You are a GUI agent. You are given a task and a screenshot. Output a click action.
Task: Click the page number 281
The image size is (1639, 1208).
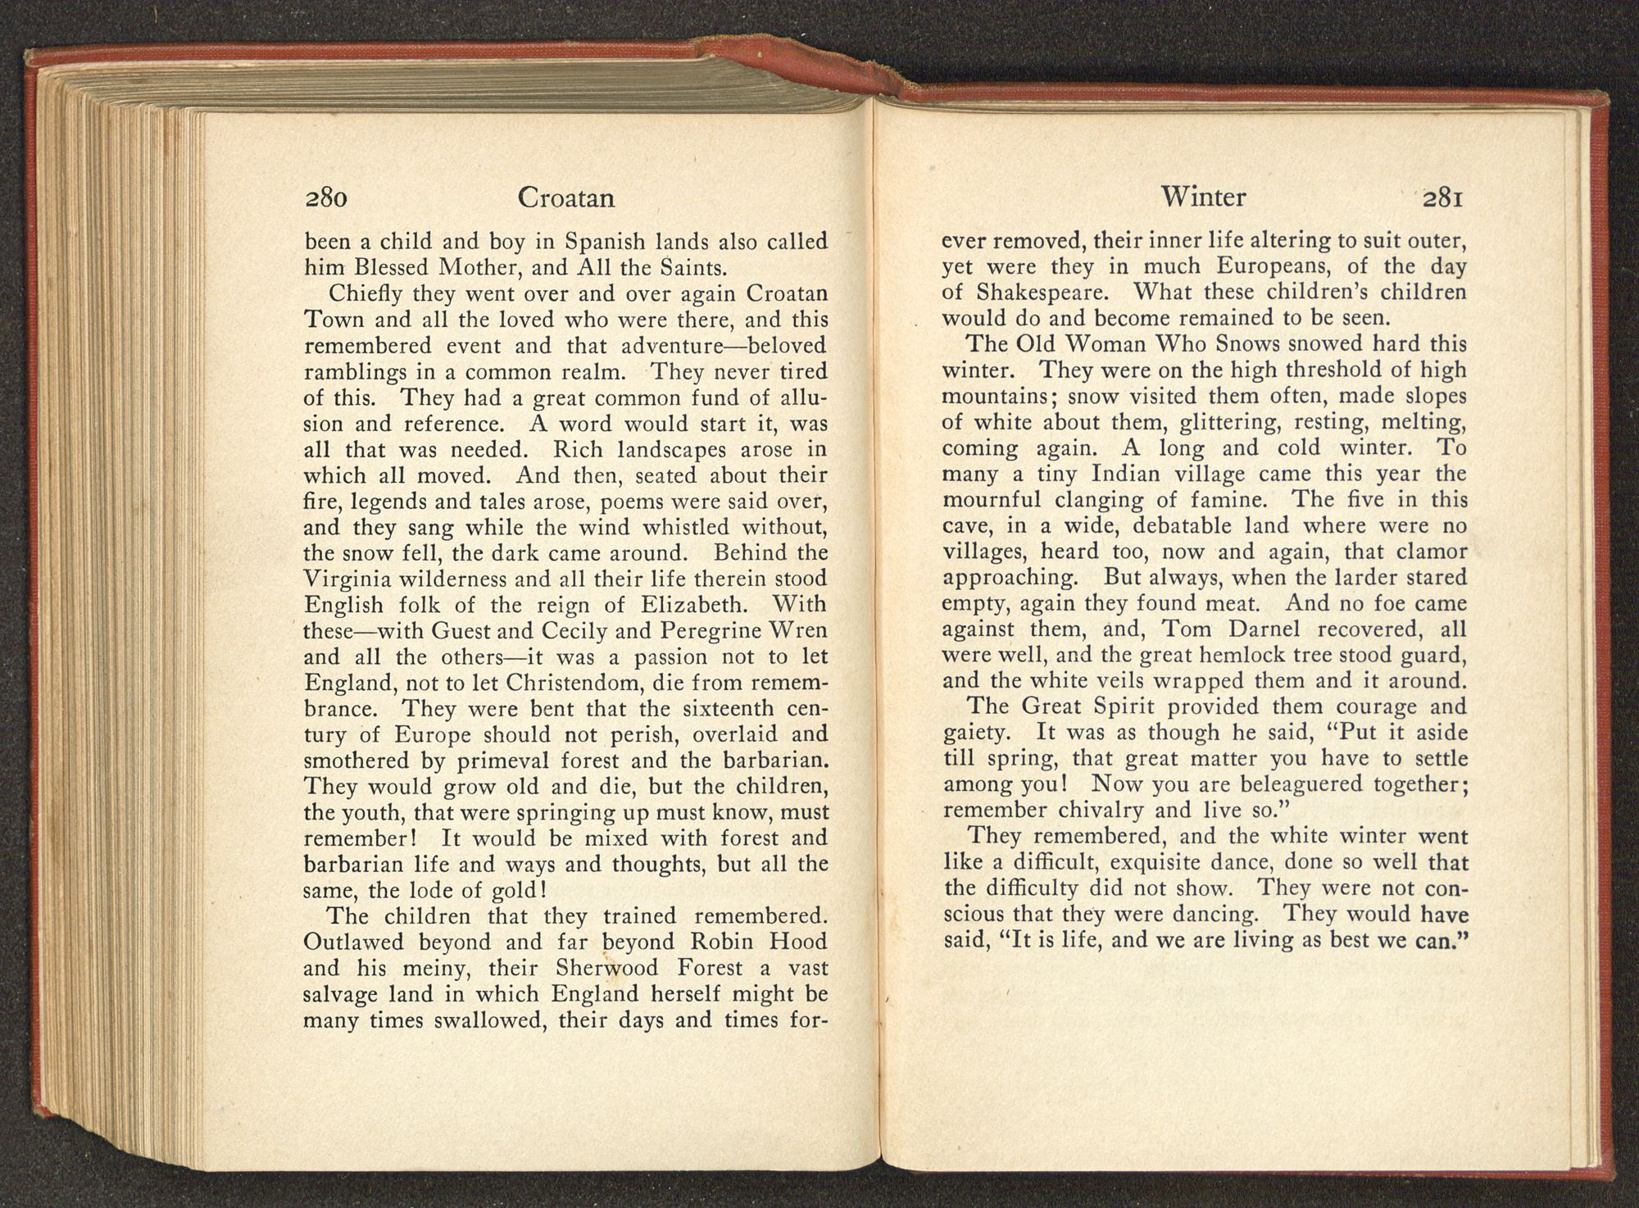1443,198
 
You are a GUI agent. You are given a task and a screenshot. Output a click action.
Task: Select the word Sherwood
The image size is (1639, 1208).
606,968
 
